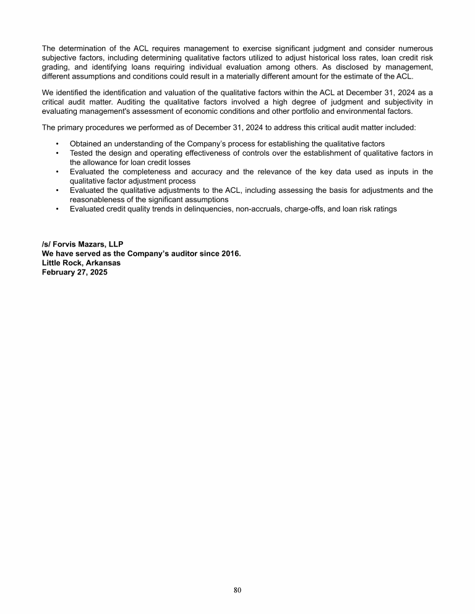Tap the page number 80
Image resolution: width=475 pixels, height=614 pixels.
click(x=237, y=590)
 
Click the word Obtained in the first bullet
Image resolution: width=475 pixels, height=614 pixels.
click(x=87, y=143)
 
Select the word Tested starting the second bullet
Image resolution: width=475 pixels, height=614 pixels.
click(x=82, y=153)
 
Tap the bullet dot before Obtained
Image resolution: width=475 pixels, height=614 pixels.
click(x=57, y=143)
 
